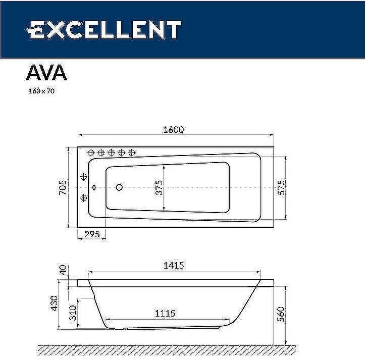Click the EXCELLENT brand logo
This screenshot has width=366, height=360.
pos(103,30)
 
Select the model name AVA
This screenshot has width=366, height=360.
pos(46,73)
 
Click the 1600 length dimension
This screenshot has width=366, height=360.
pos(173,129)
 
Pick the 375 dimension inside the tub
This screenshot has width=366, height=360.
pos(159,188)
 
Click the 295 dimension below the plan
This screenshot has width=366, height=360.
pos(91,234)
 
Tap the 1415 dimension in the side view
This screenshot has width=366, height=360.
pos(173,265)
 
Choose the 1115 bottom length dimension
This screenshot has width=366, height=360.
pos(165,314)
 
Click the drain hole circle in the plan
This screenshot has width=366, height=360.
pos(120,187)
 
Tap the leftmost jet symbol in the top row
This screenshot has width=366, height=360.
pos(91,152)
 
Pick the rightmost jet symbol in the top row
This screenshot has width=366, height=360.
pos(132,152)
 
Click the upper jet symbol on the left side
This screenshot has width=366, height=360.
pos(84,177)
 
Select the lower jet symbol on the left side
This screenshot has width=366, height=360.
pos(84,197)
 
